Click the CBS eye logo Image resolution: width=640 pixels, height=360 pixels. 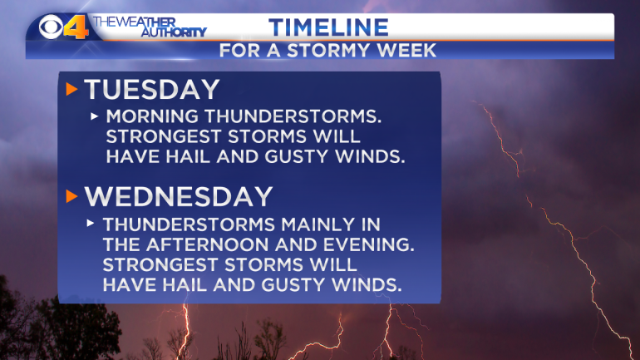[51, 27]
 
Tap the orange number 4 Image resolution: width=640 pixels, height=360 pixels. [76, 27]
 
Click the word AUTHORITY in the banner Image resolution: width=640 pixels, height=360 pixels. [174, 32]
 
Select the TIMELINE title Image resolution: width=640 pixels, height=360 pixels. [328, 27]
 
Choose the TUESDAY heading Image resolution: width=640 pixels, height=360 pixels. [152, 90]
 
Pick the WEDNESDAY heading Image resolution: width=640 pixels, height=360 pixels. [179, 197]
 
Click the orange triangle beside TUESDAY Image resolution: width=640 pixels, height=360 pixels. [71, 90]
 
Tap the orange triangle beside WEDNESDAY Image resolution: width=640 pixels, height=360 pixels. [71, 197]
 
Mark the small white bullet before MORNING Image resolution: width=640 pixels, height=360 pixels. [94, 116]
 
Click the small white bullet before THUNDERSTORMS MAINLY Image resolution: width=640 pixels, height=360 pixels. [91, 224]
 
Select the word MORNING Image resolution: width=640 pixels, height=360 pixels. [153, 116]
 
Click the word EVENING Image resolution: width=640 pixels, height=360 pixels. [368, 244]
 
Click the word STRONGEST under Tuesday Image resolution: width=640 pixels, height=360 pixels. [164, 136]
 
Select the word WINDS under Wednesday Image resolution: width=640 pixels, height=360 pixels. [367, 284]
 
